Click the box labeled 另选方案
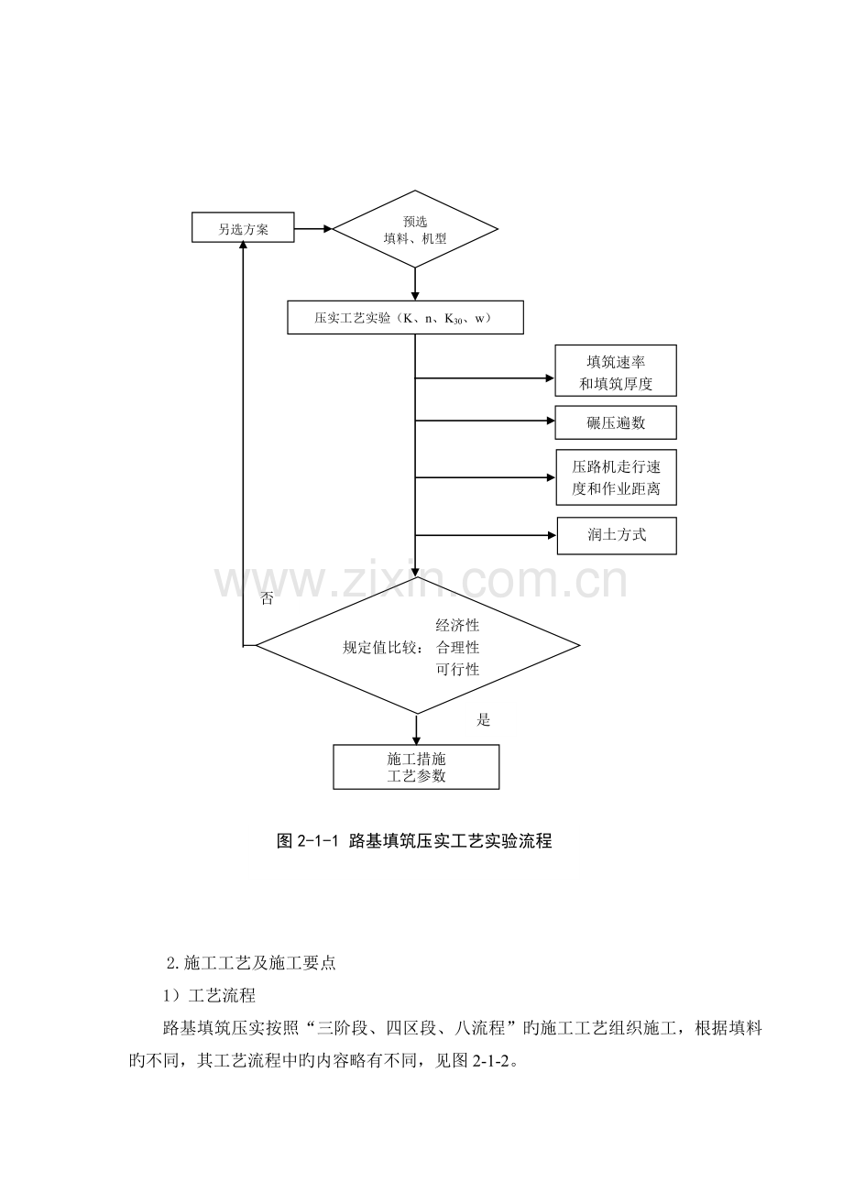pyautogui.click(x=243, y=227)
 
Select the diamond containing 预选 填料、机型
pyautogui.click(x=415, y=229)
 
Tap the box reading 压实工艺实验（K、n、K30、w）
pyautogui.click(x=405, y=317)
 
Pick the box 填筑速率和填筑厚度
pyautogui.click(x=616, y=371)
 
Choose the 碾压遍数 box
pyautogui.click(x=616, y=423)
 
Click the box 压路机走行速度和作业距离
pyautogui.click(x=616, y=477)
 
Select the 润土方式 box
pyautogui.click(x=617, y=536)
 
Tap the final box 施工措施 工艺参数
pyautogui.click(x=416, y=767)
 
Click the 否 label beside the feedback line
pyautogui.click(x=267, y=598)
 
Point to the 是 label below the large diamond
pyautogui.click(x=483, y=720)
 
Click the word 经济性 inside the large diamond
pyautogui.click(x=457, y=625)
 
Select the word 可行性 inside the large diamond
pyautogui.click(x=457, y=670)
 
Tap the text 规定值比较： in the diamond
pyautogui.click(x=384, y=648)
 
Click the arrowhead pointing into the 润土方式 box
pyautogui.click(x=552, y=535)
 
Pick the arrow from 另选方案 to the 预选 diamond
pyautogui.click(x=313, y=229)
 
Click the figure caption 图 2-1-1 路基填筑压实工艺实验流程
pyautogui.click(x=414, y=841)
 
